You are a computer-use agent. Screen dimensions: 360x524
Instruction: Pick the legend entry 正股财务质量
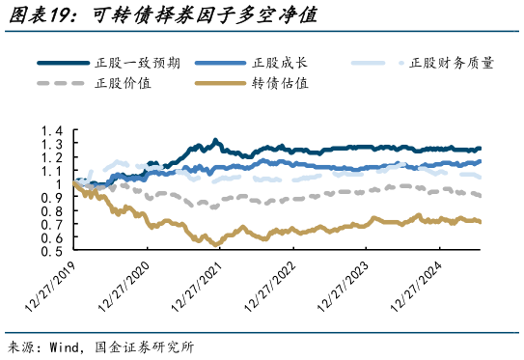pyautogui.click(x=451, y=63)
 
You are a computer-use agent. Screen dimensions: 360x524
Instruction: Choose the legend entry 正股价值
pyautogui.click(x=123, y=83)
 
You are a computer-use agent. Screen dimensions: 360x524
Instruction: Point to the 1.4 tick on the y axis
pyautogui.click(x=53, y=131)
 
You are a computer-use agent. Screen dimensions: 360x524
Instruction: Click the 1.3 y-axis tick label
pyautogui.click(x=53, y=145)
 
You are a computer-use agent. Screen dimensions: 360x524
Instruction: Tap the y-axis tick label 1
pyautogui.click(x=59, y=184)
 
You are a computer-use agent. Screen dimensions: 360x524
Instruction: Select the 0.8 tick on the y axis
pyautogui.click(x=53, y=211)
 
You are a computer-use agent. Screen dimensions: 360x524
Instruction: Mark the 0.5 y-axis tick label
pyautogui.click(x=53, y=251)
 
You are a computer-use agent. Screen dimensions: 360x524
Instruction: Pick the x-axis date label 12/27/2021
pyautogui.click(x=197, y=287)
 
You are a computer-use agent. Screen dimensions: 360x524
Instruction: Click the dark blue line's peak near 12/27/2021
pyautogui.click(x=214, y=140)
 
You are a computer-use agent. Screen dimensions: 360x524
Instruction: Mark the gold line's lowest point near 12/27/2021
pyautogui.click(x=214, y=244)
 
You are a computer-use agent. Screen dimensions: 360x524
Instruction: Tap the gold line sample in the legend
pyautogui.click(x=219, y=83)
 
